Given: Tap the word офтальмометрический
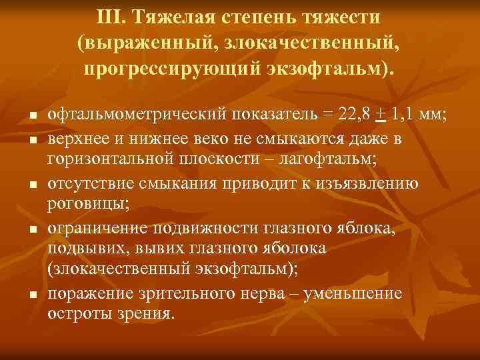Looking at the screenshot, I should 135,114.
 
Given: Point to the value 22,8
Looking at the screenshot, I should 354,114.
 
